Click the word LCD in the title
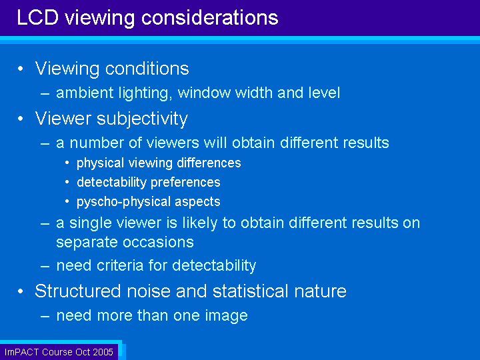coord(37,17)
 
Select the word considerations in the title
coord(210,17)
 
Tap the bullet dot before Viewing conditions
coord(21,69)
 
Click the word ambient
coord(85,93)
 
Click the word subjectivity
coord(143,119)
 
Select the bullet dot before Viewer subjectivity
coord(21,119)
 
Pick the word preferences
coord(185,183)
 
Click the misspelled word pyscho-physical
coord(124,202)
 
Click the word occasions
coord(158,243)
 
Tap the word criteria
coord(120,265)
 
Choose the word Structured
coord(78,291)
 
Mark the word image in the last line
coord(226,316)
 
